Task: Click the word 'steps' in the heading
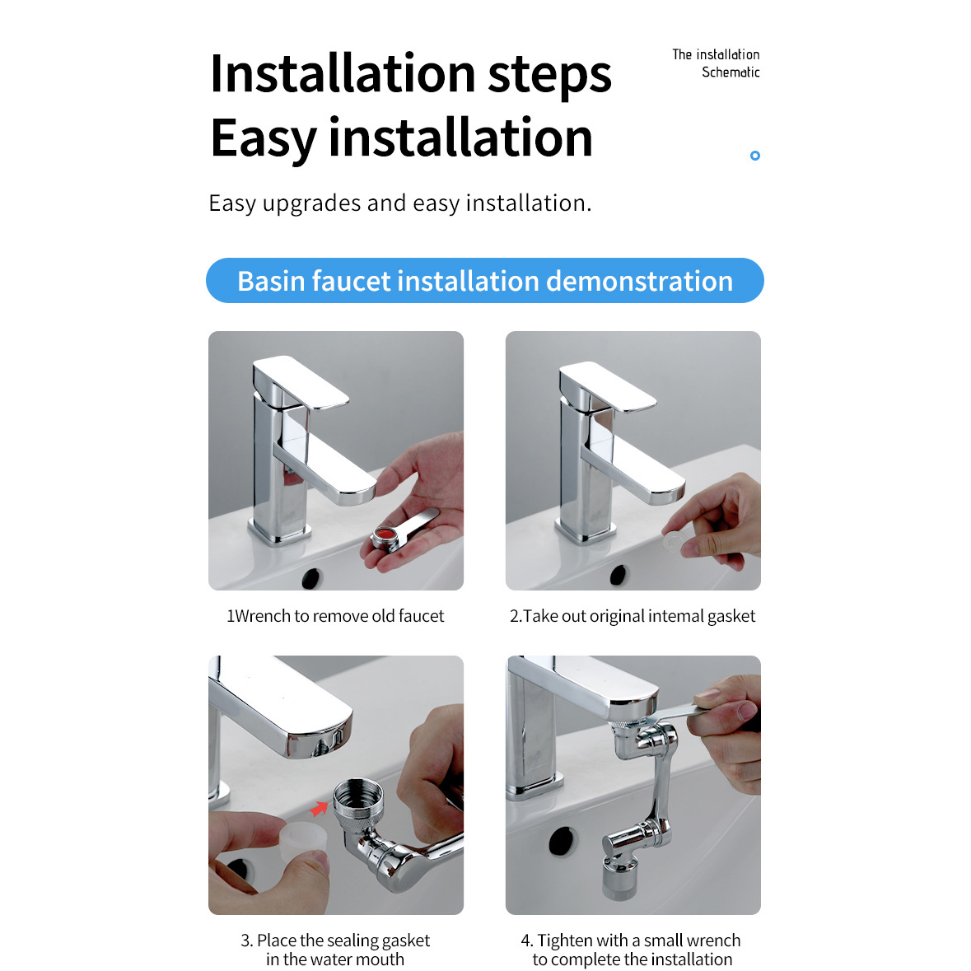point(549,76)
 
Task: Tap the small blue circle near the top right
point(755,156)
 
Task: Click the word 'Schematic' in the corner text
point(731,72)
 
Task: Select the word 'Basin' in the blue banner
point(271,281)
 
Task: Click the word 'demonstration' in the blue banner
point(640,281)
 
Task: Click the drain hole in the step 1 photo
point(310,578)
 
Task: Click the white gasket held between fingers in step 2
point(673,543)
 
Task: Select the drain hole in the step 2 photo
point(618,576)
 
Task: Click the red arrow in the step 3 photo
point(319,808)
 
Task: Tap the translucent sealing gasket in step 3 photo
point(303,841)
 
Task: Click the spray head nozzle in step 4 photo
point(619,878)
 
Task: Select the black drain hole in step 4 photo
point(563,842)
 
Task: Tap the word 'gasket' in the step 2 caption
point(731,617)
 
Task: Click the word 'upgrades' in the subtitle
point(311,203)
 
